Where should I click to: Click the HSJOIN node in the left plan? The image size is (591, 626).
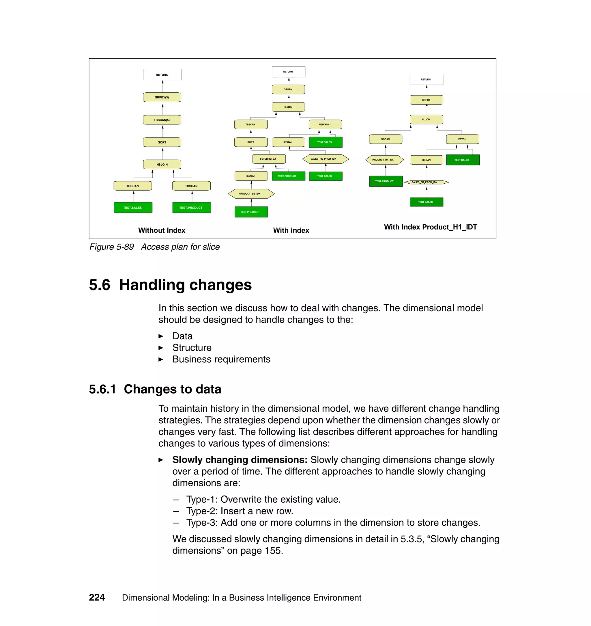162,165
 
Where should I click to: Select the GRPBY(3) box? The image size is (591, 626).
162,97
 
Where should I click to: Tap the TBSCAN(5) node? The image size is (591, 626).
162,120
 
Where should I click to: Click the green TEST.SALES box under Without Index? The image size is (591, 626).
133,208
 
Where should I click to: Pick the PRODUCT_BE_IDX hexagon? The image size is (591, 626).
251,193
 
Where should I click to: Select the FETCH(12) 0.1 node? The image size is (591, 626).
269,159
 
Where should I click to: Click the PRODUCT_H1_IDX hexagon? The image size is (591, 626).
384,160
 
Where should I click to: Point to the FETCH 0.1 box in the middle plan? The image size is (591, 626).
325,124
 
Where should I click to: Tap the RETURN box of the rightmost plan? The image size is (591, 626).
426,79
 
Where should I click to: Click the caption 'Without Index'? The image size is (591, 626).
162,230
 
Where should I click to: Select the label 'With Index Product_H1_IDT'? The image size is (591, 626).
430,227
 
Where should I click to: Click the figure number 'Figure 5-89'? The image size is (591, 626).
111,247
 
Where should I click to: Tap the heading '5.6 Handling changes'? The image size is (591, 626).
170,285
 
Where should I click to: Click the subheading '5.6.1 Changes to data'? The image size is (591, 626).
155,389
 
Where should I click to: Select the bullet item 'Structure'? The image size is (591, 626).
192,348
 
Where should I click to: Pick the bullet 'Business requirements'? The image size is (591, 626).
221,359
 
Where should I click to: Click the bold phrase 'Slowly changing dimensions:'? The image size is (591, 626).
240,460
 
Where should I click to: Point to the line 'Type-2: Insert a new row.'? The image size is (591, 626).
240,511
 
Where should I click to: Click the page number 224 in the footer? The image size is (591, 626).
97,597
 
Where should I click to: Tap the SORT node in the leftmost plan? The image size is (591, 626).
162,142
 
